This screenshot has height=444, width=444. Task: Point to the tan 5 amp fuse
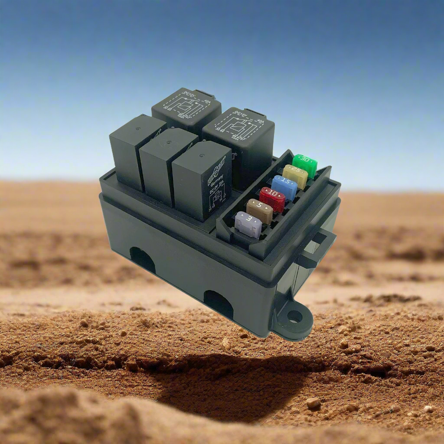[x=259, y=211]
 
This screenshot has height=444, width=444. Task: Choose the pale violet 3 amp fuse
[x=248, y=224]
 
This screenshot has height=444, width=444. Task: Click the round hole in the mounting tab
[x=295, y=317]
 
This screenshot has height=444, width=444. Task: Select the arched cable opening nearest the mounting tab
[x=218, y=304]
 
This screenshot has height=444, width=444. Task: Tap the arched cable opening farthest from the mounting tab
[x=142, y=260]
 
